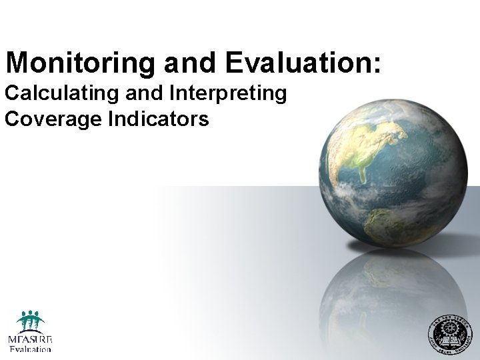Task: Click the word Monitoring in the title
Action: pyautogui.click(x=80, y=63)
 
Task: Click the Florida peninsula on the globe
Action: pyautogui.click(x=363, y=175)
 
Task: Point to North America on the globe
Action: pyautogui.click(x=373, y=143)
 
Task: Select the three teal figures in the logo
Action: pyautogui.click(x=30, y=321)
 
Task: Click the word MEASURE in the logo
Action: pyautogui.click(x=30, y=339)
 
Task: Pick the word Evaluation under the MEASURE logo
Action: pyautogui.click(x=30, y=349)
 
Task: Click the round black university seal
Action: pyautogui.click(x=448, y=333)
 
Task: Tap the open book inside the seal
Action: pyautogui.click(x=448, y=341)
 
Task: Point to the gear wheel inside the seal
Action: pyautogui.click(x=448, y=327)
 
